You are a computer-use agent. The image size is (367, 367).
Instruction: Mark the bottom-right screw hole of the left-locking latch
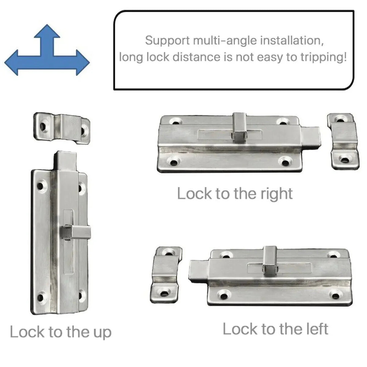tap(336, 295)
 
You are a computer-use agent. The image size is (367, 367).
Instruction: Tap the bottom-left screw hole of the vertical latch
tap(41, 297)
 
